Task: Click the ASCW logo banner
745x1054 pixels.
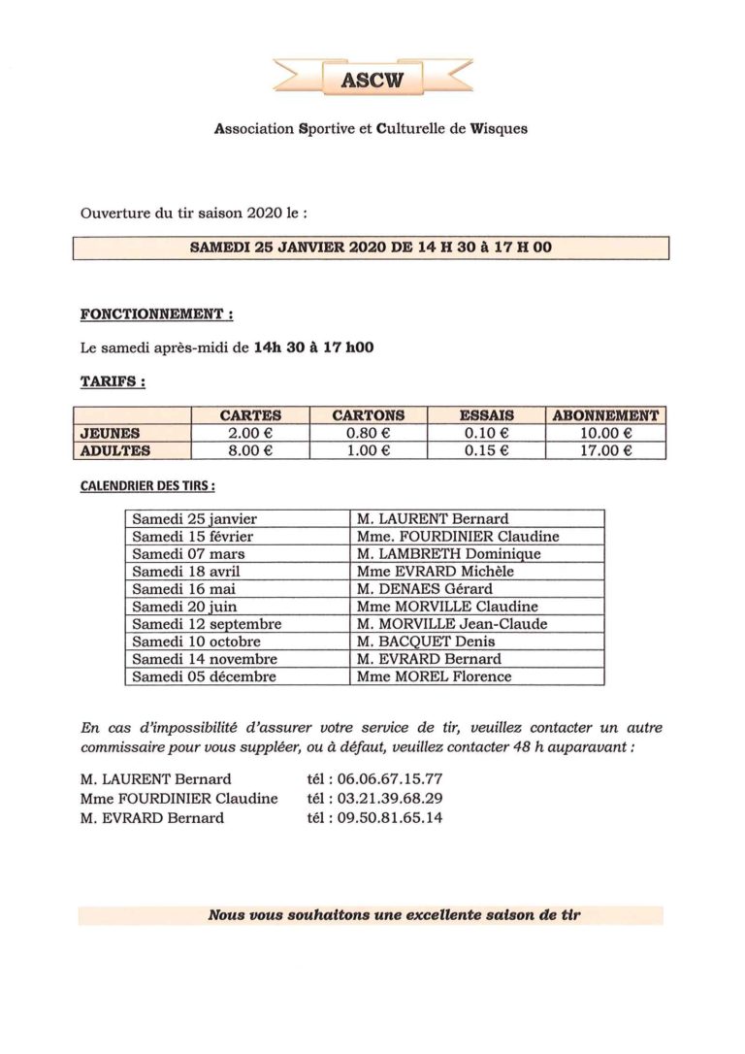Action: point(372,79)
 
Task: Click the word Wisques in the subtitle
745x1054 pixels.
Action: point(496,128)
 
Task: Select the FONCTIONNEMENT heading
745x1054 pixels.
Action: point(155,315)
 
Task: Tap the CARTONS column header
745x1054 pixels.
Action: point(368,415)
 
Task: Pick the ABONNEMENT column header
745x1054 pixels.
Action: point(605,415)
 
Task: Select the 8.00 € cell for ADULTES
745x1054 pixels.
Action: point(249,450)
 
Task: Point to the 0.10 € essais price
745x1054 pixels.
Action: point(486,433)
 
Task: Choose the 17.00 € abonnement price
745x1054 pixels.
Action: point(605,450)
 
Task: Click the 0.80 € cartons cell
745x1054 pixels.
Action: point(368,433)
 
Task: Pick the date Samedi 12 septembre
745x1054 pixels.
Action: point(207,624)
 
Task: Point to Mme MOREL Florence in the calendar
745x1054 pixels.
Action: point(434,676)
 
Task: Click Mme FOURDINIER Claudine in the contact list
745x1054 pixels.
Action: point(179,799)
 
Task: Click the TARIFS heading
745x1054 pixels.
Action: point(113,382)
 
